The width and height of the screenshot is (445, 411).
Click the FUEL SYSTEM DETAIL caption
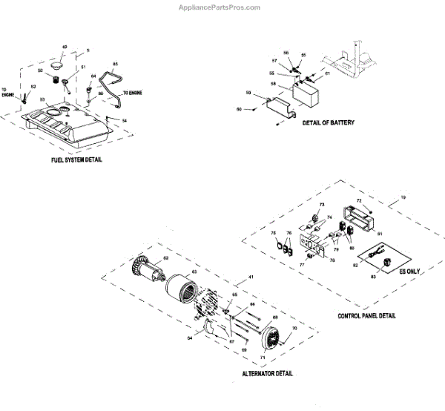point(73,160)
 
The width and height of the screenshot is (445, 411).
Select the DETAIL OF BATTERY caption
point(328,122)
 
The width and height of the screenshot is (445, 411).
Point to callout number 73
point(323,204)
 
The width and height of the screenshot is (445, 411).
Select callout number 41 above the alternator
point(250,277)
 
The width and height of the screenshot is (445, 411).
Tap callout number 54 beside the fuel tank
point(125,121)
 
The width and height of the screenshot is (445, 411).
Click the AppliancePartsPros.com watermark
point(220,7)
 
